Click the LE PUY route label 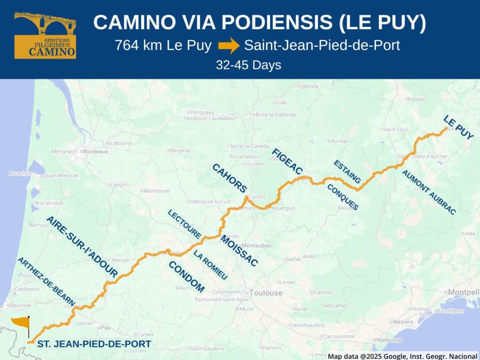point(458,127)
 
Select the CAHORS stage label point(229,178)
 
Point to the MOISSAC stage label point(239,251)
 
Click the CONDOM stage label point(187,277)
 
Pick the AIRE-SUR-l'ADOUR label point(82,247)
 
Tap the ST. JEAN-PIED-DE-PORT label point(94,344)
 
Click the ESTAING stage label point(347,172)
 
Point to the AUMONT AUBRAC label point(428,192)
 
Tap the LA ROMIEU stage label point(210,265)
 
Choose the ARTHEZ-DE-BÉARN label point(46,281)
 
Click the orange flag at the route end point(21,322)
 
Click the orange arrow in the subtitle point(229,46)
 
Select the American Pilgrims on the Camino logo point(45,35)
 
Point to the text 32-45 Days point(248,65)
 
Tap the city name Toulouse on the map point(266,293)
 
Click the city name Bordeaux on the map point(96,151)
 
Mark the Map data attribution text point(402,356)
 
